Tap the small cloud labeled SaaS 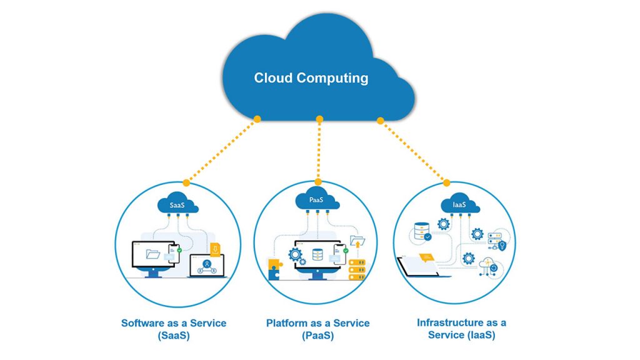point(177,203)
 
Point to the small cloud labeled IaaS point(460,203)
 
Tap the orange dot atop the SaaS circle point(186,183)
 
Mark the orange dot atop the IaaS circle point(446,183)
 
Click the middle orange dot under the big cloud point(319,119)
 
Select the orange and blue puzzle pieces point(275,269)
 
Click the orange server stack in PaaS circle point(357,269)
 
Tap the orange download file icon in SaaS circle point(215,249)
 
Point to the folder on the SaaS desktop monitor point(152,254)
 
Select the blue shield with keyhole point(502,245)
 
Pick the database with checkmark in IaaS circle point(422,231)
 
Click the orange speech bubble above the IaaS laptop point(426,257)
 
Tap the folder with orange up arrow point(357,241)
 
